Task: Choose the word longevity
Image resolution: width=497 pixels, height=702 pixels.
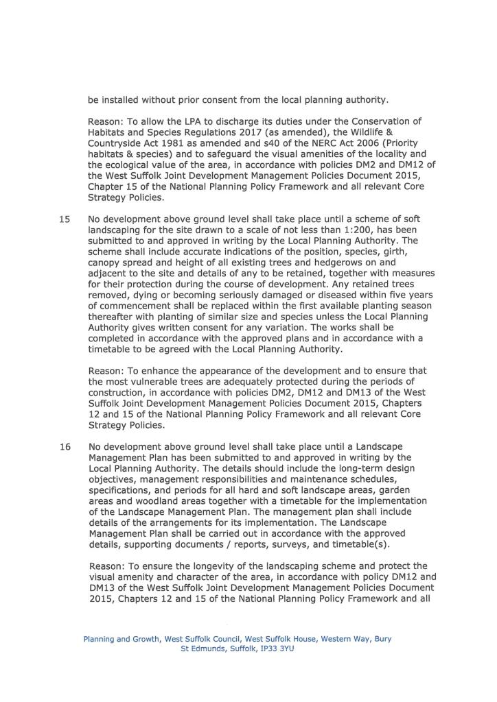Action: click(190, 566)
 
